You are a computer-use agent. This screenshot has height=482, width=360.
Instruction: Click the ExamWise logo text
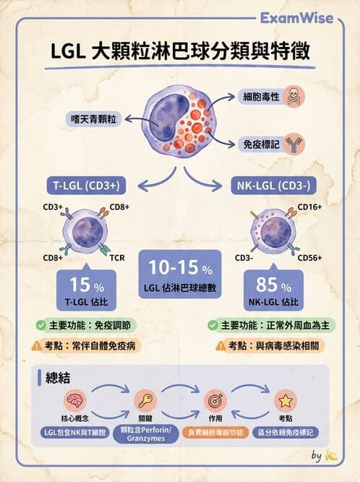296,18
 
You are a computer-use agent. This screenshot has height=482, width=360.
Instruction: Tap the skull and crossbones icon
294,97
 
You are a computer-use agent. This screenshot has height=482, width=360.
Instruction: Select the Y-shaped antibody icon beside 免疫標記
294,145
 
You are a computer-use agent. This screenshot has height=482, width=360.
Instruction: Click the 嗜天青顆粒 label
93,119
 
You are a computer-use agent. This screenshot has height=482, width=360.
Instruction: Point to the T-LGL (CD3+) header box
86,186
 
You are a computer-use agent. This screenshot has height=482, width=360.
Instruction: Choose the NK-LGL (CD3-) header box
273,186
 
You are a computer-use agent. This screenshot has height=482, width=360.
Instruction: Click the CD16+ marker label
309,207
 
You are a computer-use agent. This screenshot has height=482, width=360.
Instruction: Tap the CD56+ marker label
309,257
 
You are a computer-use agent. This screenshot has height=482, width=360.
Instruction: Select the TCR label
117,257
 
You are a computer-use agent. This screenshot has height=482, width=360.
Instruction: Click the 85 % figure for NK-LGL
273,285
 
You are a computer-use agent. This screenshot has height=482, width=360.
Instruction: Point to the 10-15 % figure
180,267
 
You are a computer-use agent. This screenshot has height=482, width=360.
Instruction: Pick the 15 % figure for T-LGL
87,285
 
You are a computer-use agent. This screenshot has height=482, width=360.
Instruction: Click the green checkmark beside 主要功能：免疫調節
41,325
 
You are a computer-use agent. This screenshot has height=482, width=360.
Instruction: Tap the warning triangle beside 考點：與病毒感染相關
220,346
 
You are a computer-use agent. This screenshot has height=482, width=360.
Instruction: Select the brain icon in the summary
74,400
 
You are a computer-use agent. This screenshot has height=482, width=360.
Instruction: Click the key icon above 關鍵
145,400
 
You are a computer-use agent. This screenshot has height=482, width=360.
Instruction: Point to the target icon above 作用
215,400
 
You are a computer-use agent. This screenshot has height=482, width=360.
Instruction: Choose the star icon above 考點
286,400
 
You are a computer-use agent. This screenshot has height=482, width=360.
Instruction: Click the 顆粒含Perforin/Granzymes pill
146,434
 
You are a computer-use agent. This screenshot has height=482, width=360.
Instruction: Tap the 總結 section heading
58,378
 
